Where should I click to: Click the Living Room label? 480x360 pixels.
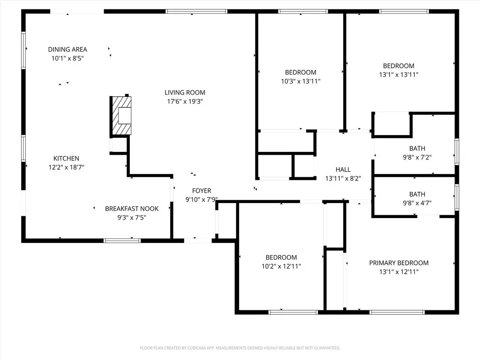185,92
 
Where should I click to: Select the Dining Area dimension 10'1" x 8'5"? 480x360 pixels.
67,58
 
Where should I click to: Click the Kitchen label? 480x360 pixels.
66,158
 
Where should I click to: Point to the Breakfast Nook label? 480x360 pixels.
132,209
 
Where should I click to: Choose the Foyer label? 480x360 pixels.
202,191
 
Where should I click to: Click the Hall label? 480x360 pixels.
343,170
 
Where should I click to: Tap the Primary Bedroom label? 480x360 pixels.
398,263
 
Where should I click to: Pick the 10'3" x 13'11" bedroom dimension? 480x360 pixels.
300,81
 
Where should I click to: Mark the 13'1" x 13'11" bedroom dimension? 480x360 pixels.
398,75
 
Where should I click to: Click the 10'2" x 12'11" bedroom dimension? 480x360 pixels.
281,266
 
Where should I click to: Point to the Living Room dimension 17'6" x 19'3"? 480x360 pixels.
185,101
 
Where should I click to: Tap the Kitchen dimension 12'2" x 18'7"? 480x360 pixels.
66,167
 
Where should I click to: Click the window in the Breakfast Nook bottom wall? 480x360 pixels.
122,240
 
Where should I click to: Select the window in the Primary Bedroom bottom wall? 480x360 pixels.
397,312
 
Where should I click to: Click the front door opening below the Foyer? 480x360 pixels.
198,240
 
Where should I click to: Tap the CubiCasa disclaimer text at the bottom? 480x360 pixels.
240,348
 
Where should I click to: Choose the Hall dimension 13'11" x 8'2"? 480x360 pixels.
343,178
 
